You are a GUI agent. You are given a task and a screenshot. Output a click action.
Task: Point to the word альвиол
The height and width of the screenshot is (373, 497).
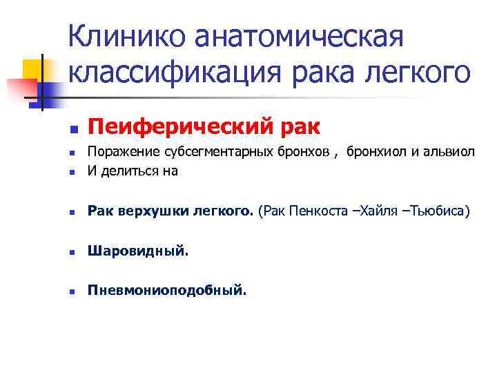coord(449,152)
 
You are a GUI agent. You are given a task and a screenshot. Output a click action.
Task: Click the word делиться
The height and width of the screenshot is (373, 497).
coord(125,171)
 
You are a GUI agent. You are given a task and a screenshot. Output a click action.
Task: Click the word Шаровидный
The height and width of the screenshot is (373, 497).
coord(137,252)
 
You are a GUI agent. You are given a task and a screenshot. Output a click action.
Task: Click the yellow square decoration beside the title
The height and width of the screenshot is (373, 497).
coord(33,69)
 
